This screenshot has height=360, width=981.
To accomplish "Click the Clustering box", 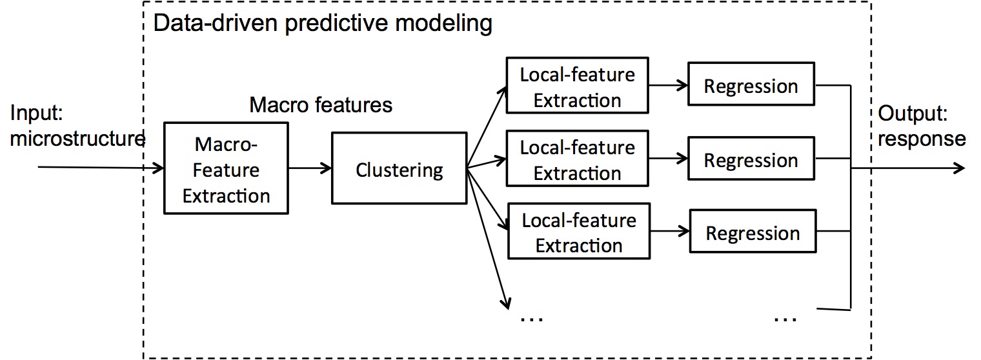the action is coord(399,168).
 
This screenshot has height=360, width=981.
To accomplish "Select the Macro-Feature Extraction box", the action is coord(226,168).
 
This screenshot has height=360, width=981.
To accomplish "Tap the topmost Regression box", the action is coord(751,84).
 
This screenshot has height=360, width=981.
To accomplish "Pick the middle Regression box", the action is coord(751,159).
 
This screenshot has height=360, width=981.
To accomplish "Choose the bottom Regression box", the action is coord(753,231).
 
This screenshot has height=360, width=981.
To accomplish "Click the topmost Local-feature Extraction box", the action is coord(577,85).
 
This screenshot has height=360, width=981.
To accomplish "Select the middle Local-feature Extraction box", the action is coord(577,159).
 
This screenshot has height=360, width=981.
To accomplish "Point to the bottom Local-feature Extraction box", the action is coord(579,231).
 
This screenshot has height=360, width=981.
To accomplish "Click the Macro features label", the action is coord(321,105).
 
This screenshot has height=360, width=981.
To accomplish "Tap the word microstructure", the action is coord(77,139).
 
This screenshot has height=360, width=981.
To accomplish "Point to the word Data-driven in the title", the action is coord(215,23).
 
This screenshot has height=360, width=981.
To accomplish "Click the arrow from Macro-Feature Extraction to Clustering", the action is coord(310,168).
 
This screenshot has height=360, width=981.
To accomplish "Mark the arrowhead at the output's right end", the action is coord(959,168).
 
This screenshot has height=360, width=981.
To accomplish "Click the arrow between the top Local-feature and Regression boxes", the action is coord(669,85).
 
